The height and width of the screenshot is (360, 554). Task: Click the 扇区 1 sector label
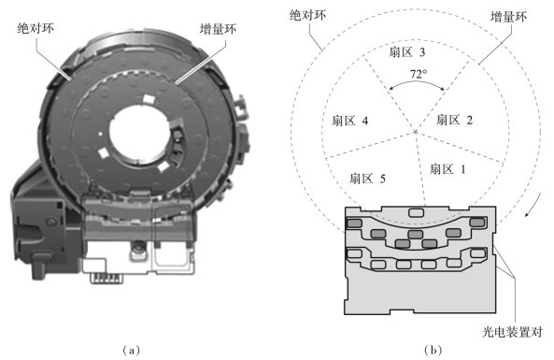click(x=447, y=169)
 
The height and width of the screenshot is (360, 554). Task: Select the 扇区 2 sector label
click(x=454, y=121)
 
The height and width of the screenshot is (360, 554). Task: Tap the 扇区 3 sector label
click(x=407, y=52)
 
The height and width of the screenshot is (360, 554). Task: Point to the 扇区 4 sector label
click(x=349, y=121)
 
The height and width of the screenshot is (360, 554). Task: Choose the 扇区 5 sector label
click(x=367, y=179)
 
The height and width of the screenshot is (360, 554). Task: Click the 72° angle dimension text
click(x=419, y=74)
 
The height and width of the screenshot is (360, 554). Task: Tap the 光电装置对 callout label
click(x=512, y=332)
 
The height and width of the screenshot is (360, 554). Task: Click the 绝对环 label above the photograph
click(x=36, y=28)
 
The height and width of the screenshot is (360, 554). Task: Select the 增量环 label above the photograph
click(x=218, y=29)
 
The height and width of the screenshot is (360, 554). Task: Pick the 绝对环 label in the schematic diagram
click(x=307, y=15)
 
